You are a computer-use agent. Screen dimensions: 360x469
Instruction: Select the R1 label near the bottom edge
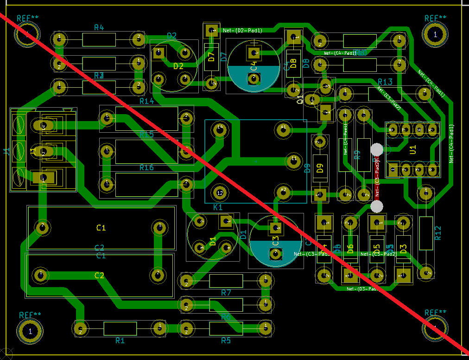click(x=120, y=341)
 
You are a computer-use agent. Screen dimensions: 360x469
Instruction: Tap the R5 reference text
click(x=226, y=341)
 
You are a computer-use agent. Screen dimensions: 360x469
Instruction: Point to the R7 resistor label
click(x=226, y=293)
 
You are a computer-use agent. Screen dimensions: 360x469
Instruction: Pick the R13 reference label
click(x=385, y=82)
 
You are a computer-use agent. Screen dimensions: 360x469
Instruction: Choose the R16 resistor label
click(x=146, y=167)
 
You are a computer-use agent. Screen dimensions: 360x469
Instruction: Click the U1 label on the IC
click(x=413, y=149)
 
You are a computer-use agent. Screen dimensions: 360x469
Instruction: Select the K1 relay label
click(x=218, y=207)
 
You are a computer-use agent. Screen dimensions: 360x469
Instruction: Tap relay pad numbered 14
click(x=220, y=129)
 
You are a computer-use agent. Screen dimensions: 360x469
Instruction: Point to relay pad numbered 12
click(x=220, y=192)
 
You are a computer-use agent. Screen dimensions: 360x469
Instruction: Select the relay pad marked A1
click(x=283, y=129)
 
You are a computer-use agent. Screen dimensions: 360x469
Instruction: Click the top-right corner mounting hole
click(x=435, y=34)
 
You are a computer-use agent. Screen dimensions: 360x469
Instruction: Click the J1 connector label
click(x=6, y=152)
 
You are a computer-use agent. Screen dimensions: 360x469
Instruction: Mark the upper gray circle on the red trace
click(x=377, y=149)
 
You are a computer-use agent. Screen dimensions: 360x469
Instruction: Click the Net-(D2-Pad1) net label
click(x=243, y=31)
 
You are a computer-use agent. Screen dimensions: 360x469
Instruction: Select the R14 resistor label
click(x=146, y=101)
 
